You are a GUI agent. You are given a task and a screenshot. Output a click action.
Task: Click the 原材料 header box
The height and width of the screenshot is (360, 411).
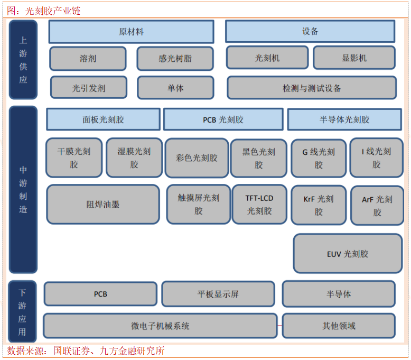131,32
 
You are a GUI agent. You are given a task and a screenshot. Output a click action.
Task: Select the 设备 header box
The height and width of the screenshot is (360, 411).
310,32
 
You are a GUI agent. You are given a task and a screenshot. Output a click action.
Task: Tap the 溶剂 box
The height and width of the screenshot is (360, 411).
88,59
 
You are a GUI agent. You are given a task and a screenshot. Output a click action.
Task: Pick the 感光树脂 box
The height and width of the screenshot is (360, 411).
175,59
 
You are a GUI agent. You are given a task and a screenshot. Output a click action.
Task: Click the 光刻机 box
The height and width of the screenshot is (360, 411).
267,58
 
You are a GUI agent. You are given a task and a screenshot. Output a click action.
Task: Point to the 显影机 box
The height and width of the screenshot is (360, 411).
354,58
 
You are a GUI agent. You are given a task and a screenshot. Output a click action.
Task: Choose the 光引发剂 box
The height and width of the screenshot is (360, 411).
89,88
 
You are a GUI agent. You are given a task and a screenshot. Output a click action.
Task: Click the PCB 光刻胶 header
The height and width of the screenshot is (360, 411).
223,119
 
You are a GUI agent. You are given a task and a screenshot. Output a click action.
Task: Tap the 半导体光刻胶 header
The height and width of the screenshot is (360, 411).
344,119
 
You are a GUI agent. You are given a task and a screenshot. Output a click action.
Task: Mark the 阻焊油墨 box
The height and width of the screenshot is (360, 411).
103,204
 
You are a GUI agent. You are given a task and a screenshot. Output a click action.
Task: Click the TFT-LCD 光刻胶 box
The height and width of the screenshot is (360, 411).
259,204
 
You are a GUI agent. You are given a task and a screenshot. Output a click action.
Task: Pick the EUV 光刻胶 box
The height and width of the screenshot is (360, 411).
348,254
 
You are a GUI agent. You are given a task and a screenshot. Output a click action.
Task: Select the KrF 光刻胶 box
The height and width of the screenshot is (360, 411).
319,205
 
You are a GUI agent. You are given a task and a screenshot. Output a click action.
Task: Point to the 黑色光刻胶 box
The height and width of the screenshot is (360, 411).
259,158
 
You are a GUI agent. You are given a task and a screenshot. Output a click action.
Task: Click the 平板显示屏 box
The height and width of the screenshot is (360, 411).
218,294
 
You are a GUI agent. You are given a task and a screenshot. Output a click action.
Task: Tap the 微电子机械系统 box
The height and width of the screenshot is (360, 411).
160,326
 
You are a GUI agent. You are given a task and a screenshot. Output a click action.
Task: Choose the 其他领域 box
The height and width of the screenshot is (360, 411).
339,326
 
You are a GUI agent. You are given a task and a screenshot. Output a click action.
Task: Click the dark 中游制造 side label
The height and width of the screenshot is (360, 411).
23,189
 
